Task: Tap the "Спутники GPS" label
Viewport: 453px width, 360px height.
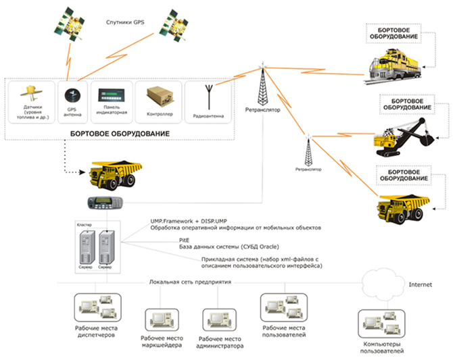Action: (x=126, y=22)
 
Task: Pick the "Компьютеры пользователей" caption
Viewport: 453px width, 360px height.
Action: (x=382, y=348)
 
